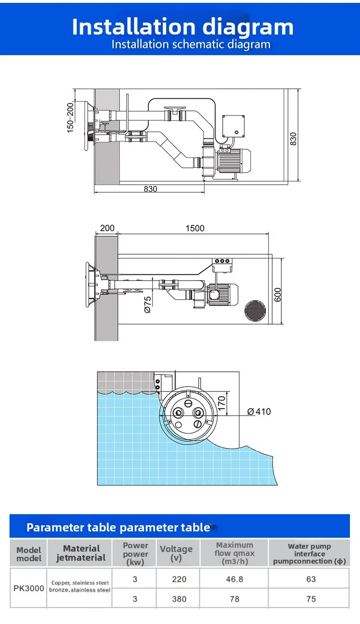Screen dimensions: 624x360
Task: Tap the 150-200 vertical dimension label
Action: [71, 118]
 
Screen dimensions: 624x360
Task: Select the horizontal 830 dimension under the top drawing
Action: [150, 189]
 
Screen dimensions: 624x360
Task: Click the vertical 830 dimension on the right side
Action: [293, 139]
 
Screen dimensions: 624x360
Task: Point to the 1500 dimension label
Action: [195, 228]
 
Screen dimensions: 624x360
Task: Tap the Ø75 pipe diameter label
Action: [148, 305]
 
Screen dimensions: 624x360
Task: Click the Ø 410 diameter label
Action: [259, 412]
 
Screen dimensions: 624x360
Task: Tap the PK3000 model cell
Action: [29, 588]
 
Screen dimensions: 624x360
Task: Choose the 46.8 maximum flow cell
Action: [234, 579]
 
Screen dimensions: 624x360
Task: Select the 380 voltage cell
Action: [179, 599]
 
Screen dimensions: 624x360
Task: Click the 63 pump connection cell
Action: [311, 579]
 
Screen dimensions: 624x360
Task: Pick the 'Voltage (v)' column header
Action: [176, 553]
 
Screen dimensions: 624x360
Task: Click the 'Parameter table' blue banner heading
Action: [118, 528]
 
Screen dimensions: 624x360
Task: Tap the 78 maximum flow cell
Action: [234, 599]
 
